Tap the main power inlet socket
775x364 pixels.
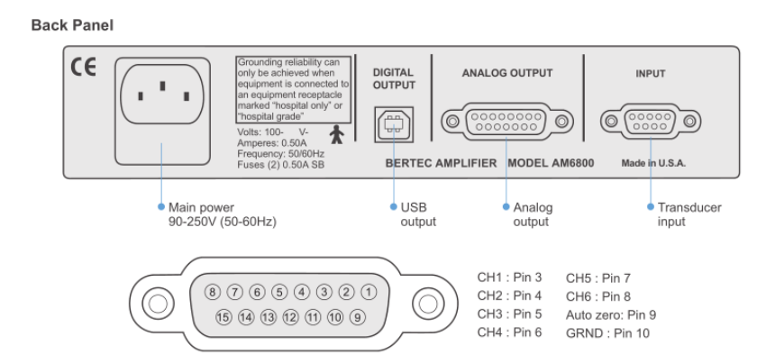click(162, 93)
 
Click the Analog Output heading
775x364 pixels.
click(506, 75)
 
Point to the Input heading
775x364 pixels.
click(651, 75)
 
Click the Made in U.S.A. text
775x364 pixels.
click(651, 165)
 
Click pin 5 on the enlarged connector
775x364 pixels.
click(279, 293)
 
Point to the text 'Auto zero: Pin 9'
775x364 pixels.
click(611, 315)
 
